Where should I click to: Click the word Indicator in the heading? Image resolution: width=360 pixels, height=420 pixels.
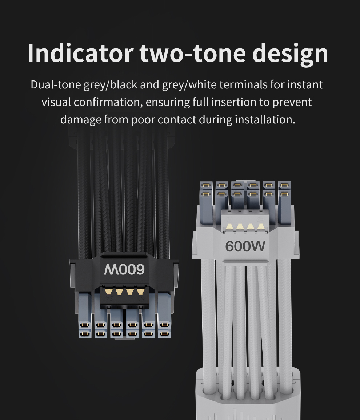click(x=80, y=53)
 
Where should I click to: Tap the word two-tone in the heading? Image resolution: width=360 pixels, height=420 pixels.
click(x=192, y=53)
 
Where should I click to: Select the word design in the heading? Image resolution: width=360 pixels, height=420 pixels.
click(x=290, y=54)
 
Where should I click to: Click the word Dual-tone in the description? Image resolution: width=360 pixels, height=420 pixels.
click(x=56, y=85)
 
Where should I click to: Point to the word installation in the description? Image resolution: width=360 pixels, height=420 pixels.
click(x=265, y=119)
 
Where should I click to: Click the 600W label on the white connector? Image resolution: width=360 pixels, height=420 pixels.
click(x=245, y=246)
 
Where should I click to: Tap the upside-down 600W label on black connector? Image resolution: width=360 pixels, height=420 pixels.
click(x=124, y=269)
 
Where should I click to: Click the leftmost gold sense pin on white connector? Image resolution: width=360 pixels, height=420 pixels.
click(x=229, y=227)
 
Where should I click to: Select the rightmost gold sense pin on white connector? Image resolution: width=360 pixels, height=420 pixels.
click(x=261, y=227)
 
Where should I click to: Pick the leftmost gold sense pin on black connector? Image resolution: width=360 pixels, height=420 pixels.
click(x=108, y=292)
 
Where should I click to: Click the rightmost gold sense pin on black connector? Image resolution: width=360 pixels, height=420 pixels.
click(x=140, y=292)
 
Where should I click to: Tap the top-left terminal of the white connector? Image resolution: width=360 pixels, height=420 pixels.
click(x=206, y=185)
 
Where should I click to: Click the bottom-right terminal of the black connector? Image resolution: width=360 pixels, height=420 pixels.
click(x=164, y=334)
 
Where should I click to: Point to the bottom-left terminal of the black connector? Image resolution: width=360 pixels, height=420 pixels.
click(x=85, y=334)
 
